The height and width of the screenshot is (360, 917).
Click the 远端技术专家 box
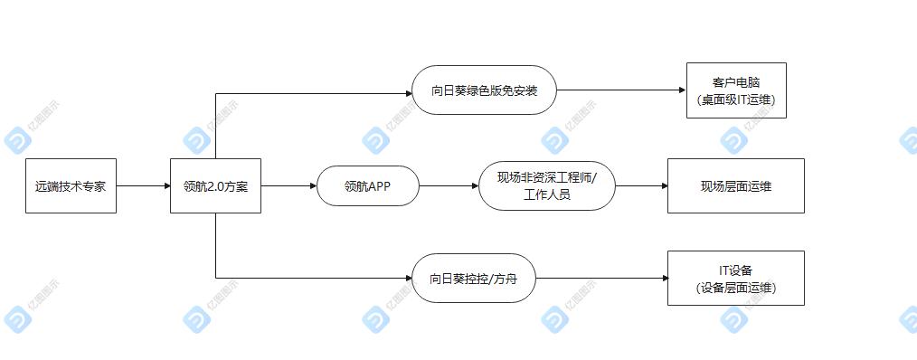(x=71, y=186)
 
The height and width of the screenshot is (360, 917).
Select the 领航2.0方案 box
(x=215, y=186)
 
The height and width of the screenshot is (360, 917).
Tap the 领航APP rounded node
(x=368, y=186)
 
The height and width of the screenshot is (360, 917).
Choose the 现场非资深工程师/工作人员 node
(x=546, y=186)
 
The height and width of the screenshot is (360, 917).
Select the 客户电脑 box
(x=736, y=90)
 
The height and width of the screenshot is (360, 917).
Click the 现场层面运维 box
(x=735, y=186)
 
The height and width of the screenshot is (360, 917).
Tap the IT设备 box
(x=735, y=279)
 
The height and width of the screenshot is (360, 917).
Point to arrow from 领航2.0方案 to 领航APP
(x=288, y=186)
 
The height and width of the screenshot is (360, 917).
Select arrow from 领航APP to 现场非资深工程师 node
(x=449, y=186)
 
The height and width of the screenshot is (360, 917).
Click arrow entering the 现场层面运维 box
(x=641, y=186)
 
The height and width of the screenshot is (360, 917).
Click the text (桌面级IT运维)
(x=736, y=99)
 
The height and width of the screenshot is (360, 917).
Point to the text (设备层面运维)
(x=735, y=288)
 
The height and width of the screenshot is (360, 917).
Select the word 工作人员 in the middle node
(x=546, y=195)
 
